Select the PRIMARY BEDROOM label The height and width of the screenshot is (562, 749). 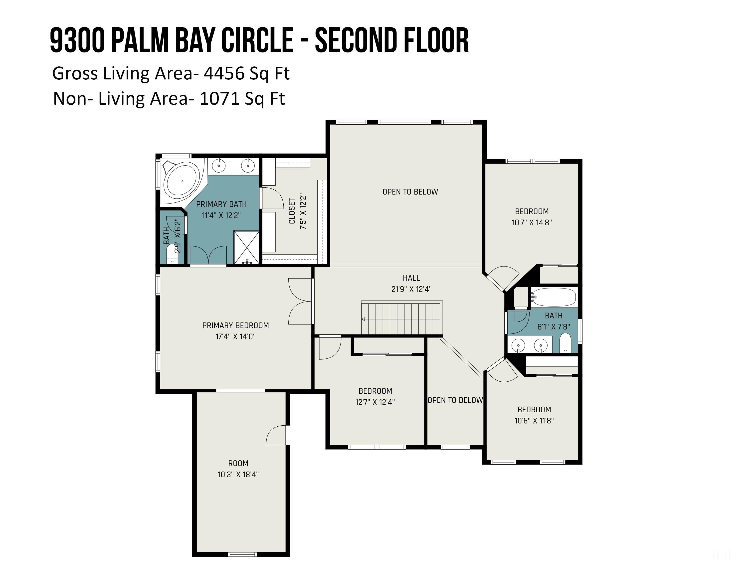[x=236, y=325]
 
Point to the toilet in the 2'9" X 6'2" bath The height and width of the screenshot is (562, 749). [x=172, y=254]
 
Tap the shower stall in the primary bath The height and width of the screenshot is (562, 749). [x=247, y=247]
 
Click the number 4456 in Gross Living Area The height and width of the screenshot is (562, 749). [x=224, y=73]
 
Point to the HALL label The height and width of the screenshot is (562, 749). [x=411, y=278]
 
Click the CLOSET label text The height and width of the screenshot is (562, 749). [x=292, y=211]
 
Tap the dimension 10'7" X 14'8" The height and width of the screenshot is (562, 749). [x=532, y=223]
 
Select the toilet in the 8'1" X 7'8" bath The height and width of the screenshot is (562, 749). [x=565, y=343]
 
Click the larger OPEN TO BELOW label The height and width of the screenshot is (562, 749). [x=410, y=192]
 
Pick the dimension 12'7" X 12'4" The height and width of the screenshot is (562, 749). [x=375, y=402]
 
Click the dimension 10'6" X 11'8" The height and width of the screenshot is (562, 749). [x=534, y=421]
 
